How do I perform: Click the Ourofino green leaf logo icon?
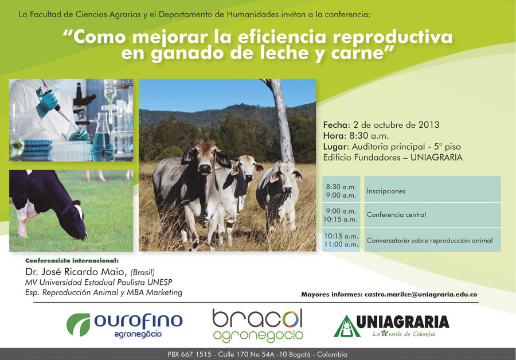(x=79, y=324)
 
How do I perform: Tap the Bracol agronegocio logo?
(x=258, y=326)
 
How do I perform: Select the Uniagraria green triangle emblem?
(x=347, y=326)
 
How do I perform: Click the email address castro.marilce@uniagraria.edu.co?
(x=421, y=295)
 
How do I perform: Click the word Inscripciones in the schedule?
(x=386, y=191)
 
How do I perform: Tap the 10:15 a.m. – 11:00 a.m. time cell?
(x=341, y=240)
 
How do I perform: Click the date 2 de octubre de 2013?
(x=396, y=125)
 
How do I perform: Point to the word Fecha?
(x=335, y=125)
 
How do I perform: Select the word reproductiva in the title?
(x=393, y=37)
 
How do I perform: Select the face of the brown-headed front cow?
(x=204, y=156)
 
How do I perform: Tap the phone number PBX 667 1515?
(x=190, y=354)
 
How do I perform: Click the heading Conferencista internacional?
(x=72, y=261)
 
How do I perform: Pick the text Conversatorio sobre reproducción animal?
(x=430, y=241)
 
